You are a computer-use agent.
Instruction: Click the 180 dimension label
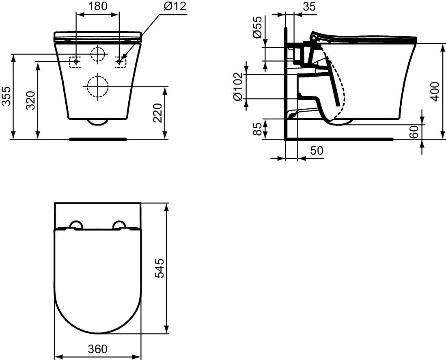[x=97, y=6]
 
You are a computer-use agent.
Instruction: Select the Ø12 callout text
[x=175, y=6]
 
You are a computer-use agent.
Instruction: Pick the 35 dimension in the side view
[x=310, y=6]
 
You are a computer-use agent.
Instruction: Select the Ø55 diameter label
[x=257, y=27]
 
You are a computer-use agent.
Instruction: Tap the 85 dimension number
[x=257, y=129]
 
